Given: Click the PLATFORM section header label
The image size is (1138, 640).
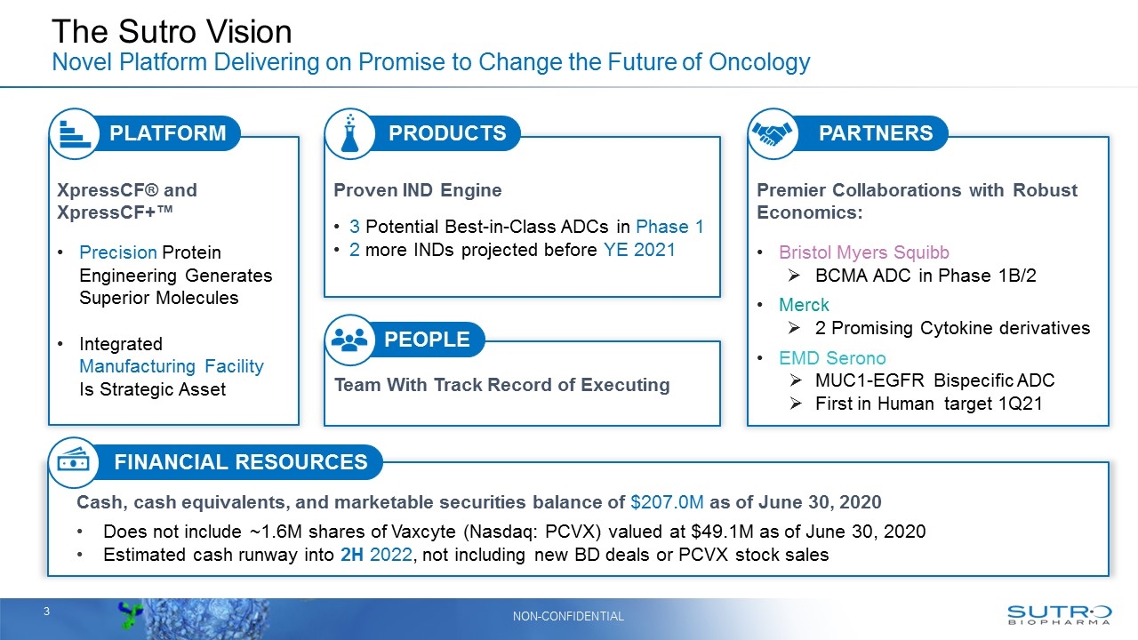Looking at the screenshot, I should tap(167, 133).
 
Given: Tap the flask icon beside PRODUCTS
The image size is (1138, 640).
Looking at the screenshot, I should tap(349, 133).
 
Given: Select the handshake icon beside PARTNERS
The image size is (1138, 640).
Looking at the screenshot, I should tap(773, 133).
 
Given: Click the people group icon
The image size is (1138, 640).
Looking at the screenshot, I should tap(349, 340).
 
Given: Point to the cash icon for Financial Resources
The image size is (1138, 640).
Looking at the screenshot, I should tap(73, 462).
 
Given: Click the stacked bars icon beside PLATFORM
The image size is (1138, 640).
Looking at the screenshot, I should tap(73, 133).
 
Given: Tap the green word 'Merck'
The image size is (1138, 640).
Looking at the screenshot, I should tap(804, 305).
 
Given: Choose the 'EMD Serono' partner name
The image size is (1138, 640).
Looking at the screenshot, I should tap(832, 358).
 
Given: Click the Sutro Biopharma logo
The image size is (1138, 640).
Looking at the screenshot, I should tap(1059, 615).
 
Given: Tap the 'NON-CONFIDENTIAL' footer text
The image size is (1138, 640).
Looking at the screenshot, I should tap(568, 616).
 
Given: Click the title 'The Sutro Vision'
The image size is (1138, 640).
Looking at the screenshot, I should tap(172, 32).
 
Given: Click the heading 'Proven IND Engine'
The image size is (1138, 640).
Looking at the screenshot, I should tap(417, 190).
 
